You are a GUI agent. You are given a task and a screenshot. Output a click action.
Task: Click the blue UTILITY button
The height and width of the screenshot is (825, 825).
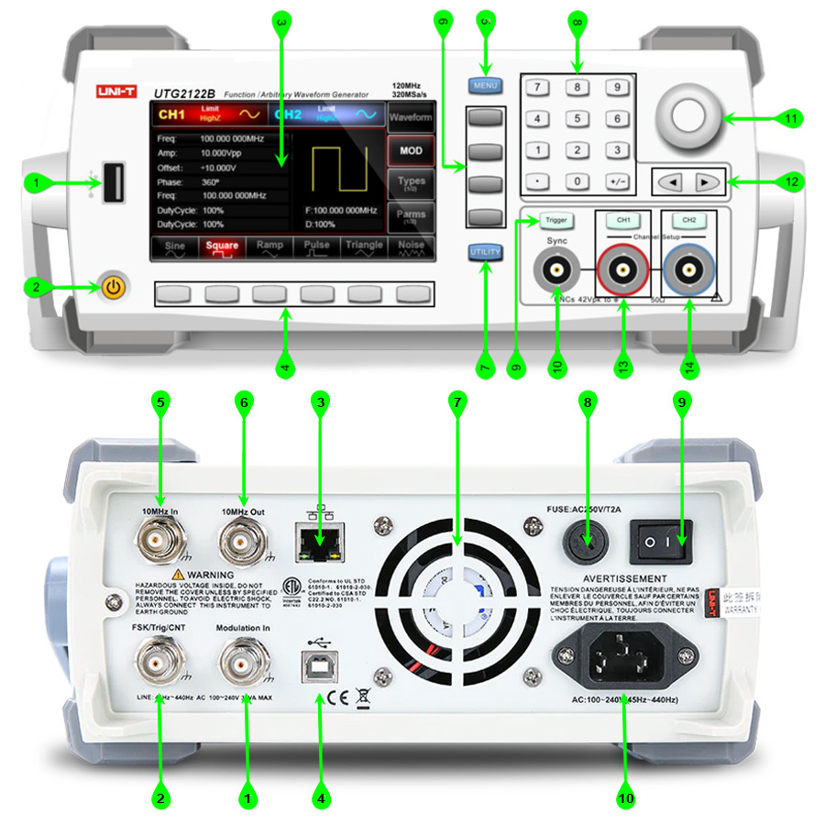click(484, 253)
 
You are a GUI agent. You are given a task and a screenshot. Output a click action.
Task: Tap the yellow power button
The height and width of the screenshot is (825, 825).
click(112, 288)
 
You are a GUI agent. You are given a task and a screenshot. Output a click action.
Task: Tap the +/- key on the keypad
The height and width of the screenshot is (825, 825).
click(618, 181)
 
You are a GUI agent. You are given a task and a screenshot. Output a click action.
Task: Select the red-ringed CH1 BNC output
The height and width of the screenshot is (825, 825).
click(623, 271)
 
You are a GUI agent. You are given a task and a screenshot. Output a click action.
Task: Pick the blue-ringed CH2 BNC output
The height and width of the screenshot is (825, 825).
click(688, 271)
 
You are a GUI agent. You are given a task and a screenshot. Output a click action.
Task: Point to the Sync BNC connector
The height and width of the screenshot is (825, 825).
click(557, 271)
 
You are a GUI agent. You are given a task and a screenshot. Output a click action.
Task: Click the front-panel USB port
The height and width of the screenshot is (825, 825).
click(115, 182)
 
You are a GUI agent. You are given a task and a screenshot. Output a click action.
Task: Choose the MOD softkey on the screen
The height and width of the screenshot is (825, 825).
click(411, 149)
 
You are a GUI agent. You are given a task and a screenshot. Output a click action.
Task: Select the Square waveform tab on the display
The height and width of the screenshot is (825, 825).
click(222, 247)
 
